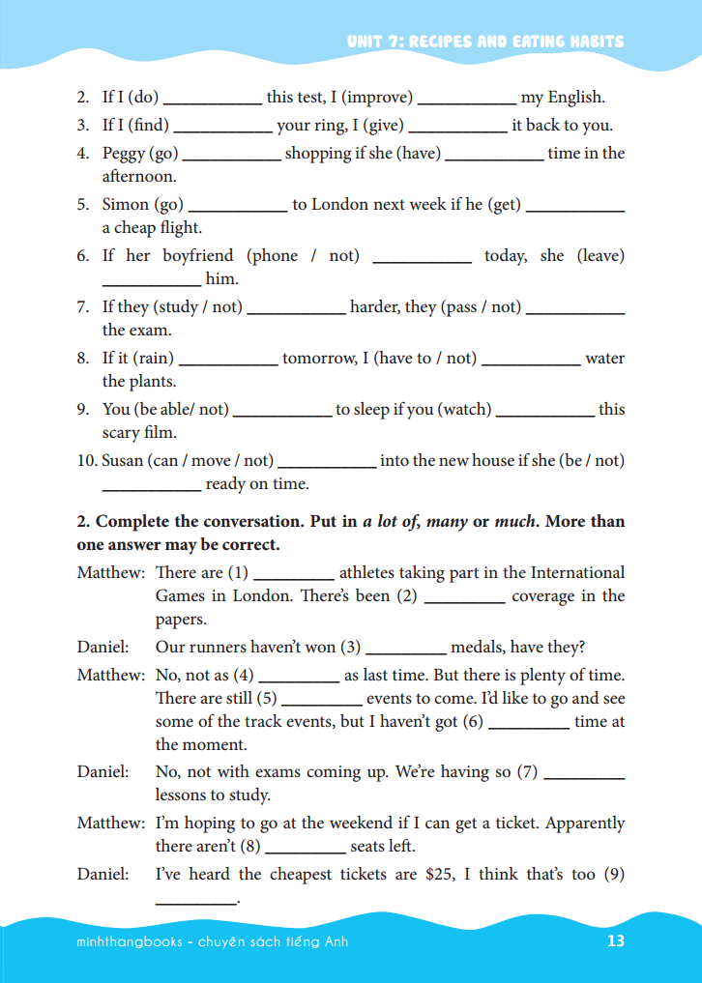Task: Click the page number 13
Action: (x=616, y=941)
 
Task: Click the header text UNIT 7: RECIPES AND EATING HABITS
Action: (x=485, y=42)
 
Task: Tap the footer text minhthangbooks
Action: (x=129, y=941)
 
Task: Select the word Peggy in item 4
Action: (x=124, y=153)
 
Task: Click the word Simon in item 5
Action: (x=126, y=204)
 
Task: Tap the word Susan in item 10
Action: (x=123, y=460)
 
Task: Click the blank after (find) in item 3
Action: (x=222, y=127)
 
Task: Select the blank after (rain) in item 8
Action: (x=228, y=360)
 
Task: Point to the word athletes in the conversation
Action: (x=368, y=572)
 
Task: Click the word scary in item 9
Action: (x=121, y=432)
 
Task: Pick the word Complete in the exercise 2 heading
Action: (x=134, y=521)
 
